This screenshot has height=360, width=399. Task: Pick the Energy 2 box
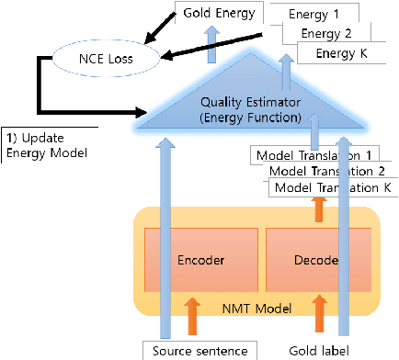click(328, 34)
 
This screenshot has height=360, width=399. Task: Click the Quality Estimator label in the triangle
click(226, 108)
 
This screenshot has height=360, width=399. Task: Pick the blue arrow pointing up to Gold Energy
click(214, 44)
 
